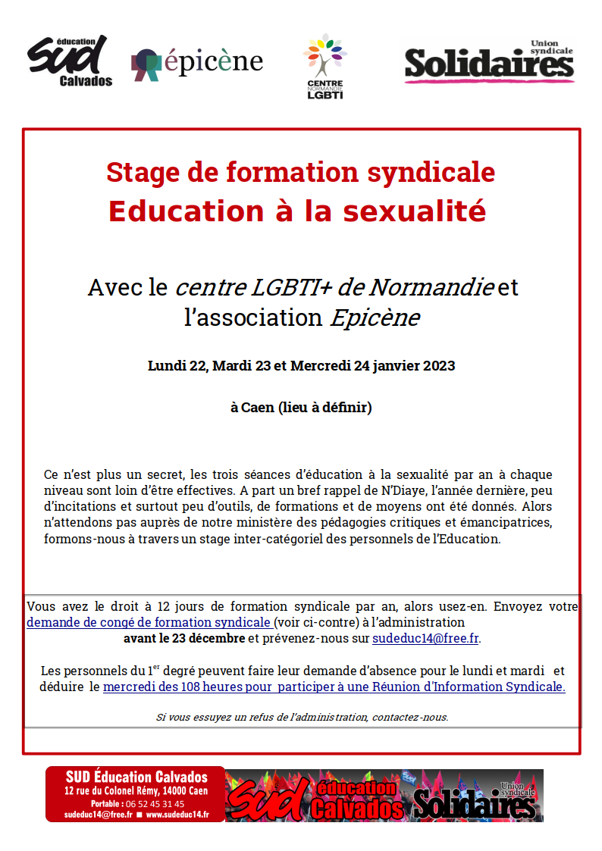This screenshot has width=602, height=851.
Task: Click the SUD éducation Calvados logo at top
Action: (70, 61)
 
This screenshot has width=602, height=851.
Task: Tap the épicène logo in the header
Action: (197, 63)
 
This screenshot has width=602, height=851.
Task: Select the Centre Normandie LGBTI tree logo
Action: (325, 65)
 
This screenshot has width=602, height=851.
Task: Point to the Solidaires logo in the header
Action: (488, 62)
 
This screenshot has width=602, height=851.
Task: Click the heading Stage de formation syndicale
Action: (300, 172)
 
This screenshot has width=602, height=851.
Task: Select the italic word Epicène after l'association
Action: (374, 318)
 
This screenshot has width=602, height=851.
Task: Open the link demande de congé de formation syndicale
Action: (149, 622)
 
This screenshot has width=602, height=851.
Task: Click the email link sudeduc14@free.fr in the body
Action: (425, 638)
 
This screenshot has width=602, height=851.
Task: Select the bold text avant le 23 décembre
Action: (184, 638)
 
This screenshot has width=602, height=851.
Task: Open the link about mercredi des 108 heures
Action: (334, 687)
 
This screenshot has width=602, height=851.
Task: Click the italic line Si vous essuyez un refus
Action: (302, 716)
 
